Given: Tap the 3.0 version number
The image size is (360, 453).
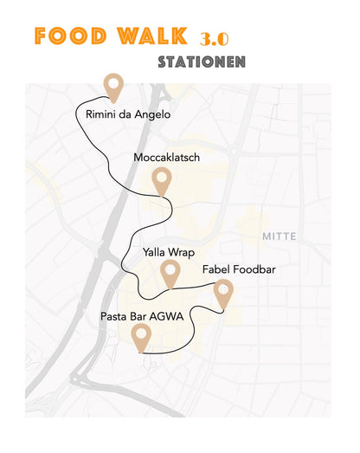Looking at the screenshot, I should (214, 40).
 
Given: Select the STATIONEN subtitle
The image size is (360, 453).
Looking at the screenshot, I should (202, 62).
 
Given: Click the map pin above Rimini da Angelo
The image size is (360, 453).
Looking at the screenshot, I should (112, 86).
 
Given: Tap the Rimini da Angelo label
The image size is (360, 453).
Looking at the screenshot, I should (128, 114).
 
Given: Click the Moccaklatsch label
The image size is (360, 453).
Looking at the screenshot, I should (167, 158).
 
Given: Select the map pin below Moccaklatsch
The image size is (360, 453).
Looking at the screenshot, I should (160, 180).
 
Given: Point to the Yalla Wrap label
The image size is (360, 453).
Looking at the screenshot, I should (169, 252).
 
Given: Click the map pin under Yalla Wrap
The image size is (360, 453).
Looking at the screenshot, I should (170, 273).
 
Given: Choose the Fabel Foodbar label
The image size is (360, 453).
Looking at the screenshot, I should (239, 270).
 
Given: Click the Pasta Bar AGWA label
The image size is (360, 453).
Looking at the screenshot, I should (142, 317).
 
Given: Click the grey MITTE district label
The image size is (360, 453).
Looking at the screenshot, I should (279, 236).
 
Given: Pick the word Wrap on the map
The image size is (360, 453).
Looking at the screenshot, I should (182, 252).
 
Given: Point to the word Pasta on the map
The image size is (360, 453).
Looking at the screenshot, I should (114, 317).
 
